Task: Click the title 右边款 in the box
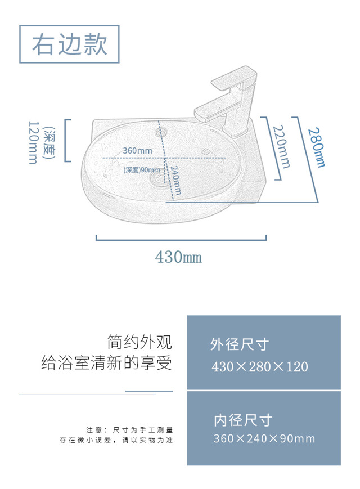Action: coord(70,44)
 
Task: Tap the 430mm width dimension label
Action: coord(179,257)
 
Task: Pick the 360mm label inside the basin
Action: coord(137,151)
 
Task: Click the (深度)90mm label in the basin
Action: coord(141,169)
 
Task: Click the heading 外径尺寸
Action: coord(239,344)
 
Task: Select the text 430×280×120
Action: coord(260,367)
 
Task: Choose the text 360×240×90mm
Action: coord(264,439)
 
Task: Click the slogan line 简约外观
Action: coord(139,342)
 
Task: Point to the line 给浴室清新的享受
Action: coord(107,363)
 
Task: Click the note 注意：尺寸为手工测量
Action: coord(129,429)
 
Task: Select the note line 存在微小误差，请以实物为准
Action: coord(116,440)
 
